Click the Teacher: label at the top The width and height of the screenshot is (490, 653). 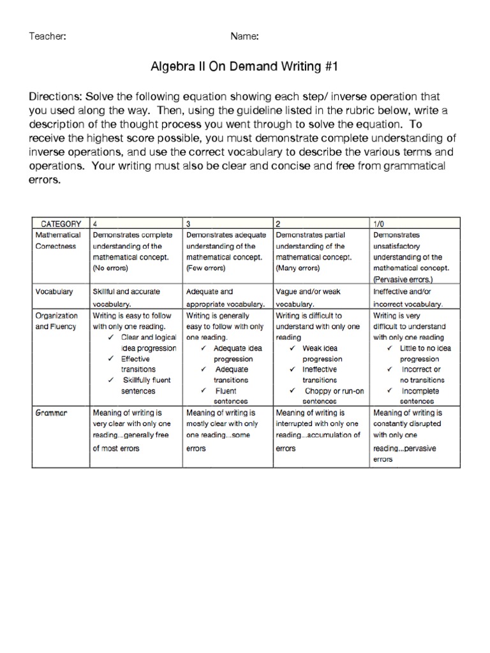(48, 36)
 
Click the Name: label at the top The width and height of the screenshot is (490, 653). (244, 36)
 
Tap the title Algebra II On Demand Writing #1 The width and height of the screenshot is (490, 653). (244, 66)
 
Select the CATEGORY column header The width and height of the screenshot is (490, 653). (61, 224)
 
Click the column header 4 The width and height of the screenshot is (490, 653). (95, 224)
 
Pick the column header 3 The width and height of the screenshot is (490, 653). (188, 224)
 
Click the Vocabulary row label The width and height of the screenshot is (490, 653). (54, 292)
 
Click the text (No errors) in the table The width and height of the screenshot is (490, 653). (110, 268)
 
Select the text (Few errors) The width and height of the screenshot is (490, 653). (205, 268)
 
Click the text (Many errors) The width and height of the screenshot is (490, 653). (297, 268)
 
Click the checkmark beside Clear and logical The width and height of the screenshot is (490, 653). (112, 337)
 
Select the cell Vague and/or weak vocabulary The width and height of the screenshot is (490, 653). (308, 298)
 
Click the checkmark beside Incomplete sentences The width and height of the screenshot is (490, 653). (389, 391)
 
